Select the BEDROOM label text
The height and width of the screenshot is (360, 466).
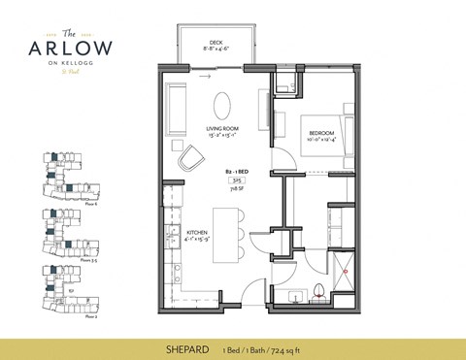(322, 133)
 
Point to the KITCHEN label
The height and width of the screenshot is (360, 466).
(197, 232)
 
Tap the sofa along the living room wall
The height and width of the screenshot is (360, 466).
(177, 104)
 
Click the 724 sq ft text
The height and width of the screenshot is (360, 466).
(296, 344)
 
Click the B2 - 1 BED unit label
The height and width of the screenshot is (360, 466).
(235, 170)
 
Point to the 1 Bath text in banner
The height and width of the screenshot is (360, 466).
(259, 344)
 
